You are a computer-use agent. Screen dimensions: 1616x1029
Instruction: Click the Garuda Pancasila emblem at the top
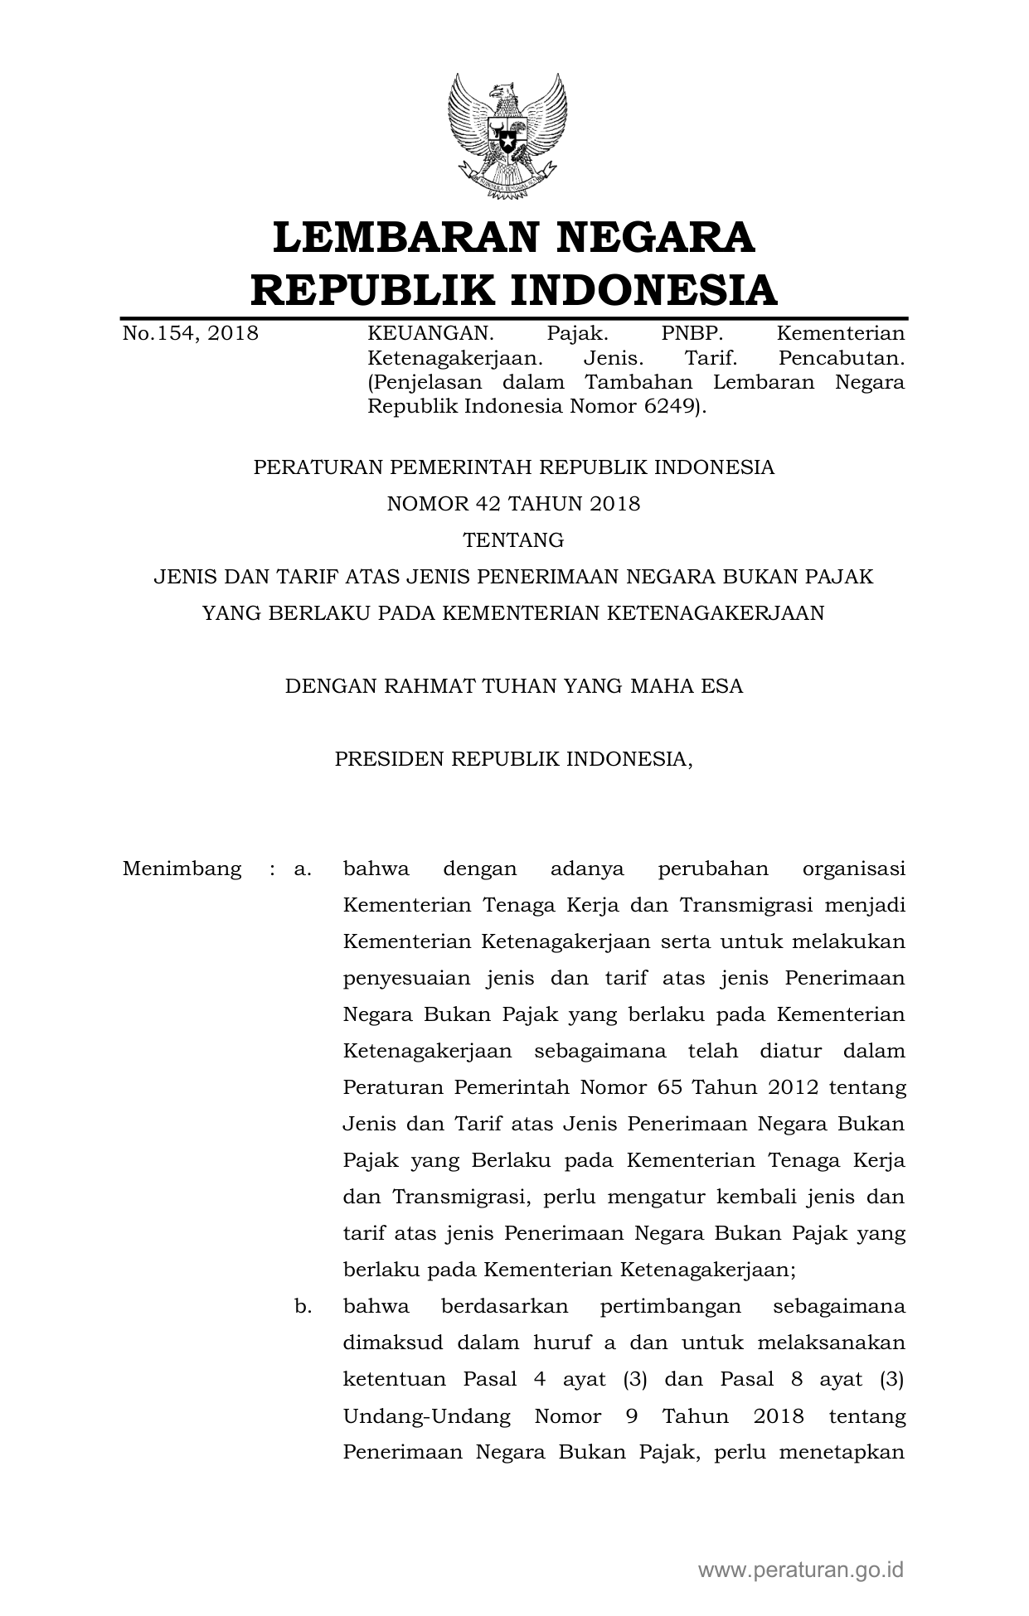[x=507, y=137]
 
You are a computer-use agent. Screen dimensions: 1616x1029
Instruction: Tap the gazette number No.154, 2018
[x=191, y=334]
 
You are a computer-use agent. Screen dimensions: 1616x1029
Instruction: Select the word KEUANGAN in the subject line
[x=430, y=334]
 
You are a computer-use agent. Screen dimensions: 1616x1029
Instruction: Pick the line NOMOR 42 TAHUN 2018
[x=514, y=504]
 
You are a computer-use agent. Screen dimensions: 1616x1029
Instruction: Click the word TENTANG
[x=514, y=540]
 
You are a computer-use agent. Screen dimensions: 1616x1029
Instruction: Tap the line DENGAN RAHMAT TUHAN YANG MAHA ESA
[x=514, y=686]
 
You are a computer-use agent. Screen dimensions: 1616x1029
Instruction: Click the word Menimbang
[x=182, y=869]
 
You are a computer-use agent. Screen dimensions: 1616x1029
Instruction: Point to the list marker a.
[x=302, y=869]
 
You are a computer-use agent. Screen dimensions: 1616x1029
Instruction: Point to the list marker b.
[x=303, y=1307]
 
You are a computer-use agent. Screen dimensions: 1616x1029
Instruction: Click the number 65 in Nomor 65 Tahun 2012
[x=669, y=1087]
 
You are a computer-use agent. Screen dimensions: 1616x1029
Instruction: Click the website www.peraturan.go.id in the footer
[x=801, y=1569]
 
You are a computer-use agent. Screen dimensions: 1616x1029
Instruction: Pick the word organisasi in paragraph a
[x=854, y=869]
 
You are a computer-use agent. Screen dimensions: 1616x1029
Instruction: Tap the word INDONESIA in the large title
[x=643, y=290]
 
